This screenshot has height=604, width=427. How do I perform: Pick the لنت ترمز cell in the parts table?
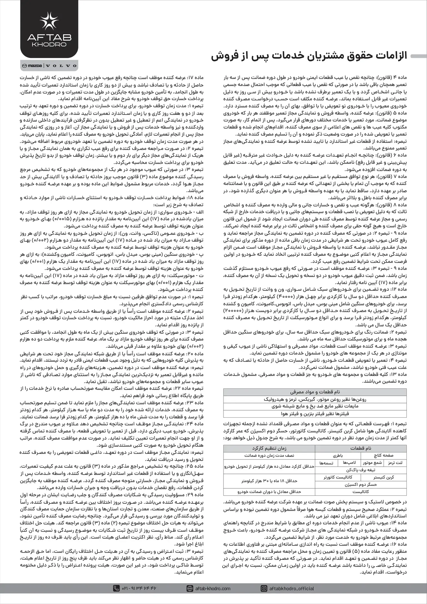coord(395,471)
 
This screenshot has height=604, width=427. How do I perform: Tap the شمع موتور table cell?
coord(372,471)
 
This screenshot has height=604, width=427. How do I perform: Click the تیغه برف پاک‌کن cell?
coord(361,477)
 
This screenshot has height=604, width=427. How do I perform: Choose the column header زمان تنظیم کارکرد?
coord(269,456)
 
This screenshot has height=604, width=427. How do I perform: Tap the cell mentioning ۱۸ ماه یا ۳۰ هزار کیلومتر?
coord(269,488)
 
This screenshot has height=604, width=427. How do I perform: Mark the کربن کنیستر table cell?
coord(383,485)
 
